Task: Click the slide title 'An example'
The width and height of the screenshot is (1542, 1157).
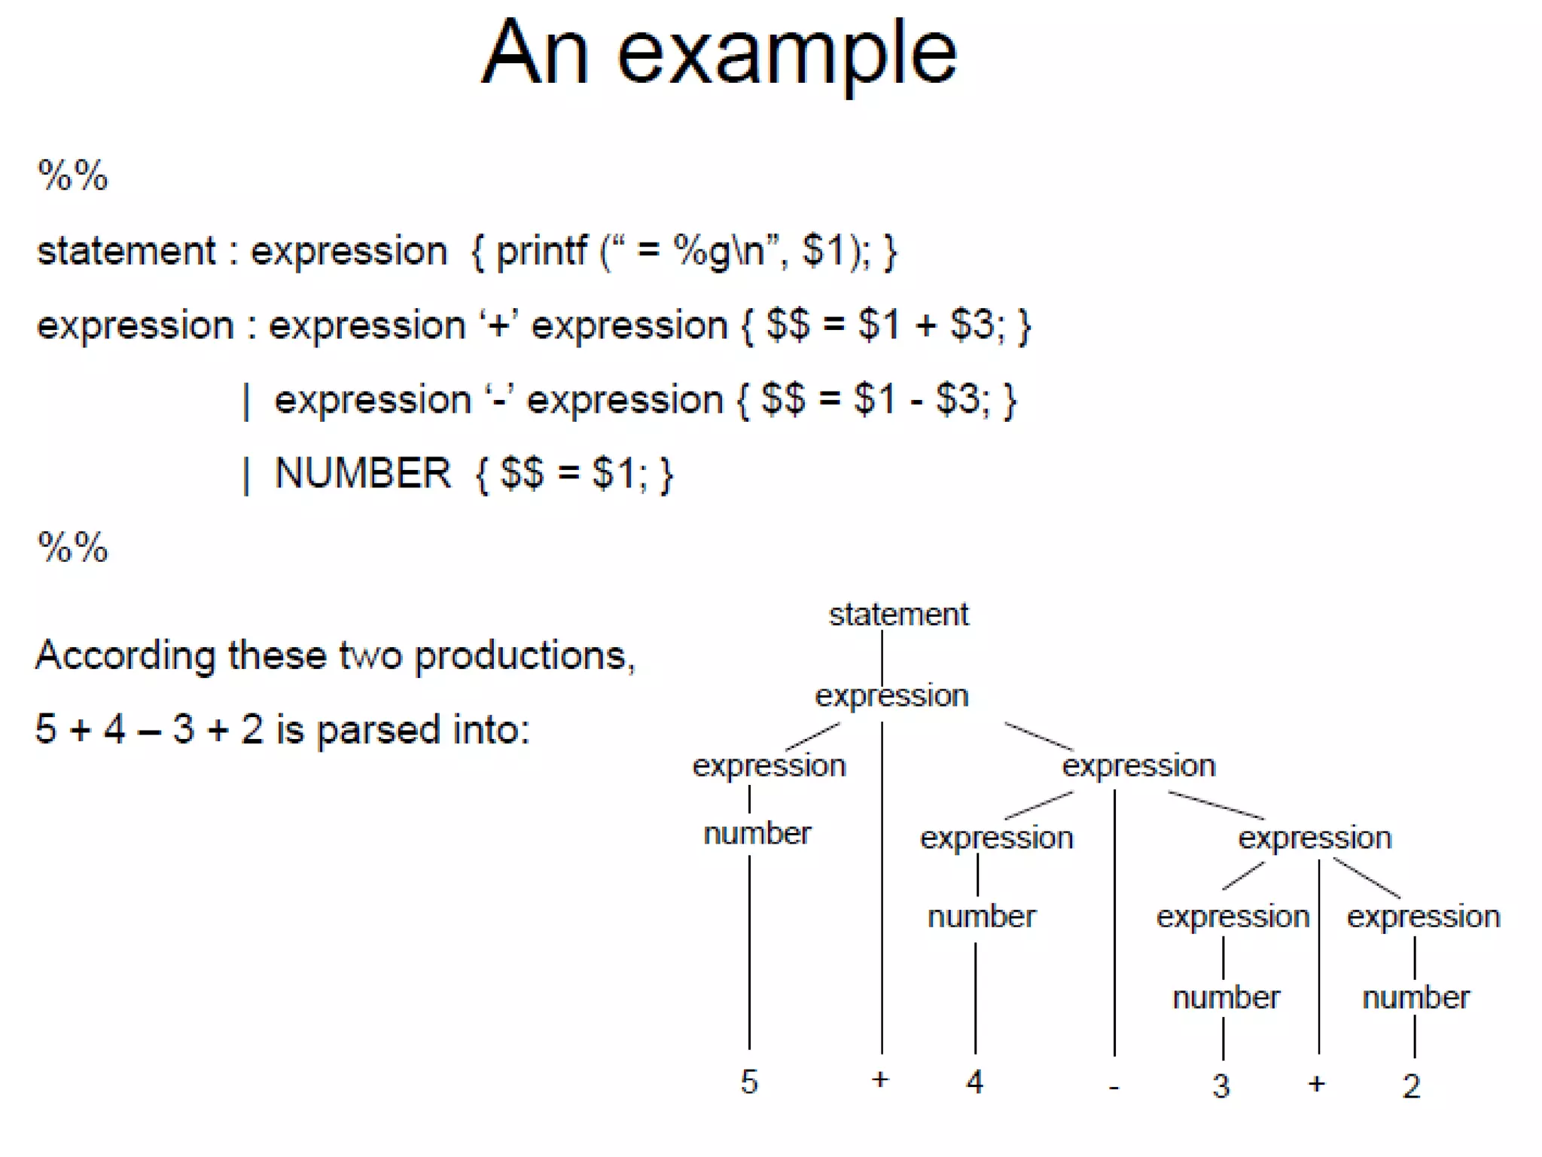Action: click(x=719, y=53)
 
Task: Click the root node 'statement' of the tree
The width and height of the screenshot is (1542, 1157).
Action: click(x=898, y=615)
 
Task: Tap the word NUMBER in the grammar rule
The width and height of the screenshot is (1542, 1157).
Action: click(x=362, y=474)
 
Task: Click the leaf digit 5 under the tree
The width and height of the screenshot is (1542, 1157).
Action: click(x=748, y=1082)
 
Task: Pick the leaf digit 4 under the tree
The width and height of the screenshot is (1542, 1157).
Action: click(x=974, y=1082)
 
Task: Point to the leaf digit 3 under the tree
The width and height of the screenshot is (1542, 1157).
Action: click(x=1220, y=1086)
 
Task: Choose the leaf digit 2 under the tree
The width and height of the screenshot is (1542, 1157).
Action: click(x=1411, y=1086)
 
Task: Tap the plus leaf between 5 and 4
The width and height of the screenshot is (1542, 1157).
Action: click(x=880, y=1079)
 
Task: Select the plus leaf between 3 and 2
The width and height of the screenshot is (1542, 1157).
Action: click(x=1316, y=1084)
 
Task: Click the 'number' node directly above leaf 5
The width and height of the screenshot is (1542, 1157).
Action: click(x=757, y=834)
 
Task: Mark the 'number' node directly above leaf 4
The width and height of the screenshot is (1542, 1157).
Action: click(x=981, y=917)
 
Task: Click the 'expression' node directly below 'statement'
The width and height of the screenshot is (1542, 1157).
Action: click(x=891, y=696)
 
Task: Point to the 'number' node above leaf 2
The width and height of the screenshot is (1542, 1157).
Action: click(x=1416, y=997)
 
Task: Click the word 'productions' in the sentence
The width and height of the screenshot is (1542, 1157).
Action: click(x=521, y=656)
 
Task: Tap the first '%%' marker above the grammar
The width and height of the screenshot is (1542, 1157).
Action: click(x=73, y=176)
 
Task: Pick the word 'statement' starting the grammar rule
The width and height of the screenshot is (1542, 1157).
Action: click(x=126, y=251)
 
